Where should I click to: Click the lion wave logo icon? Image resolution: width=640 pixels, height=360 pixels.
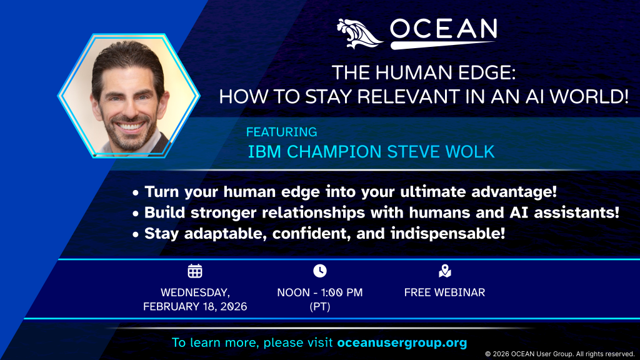[x=359, y=34]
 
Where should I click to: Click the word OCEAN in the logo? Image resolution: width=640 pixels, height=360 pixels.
[x=444, y=29]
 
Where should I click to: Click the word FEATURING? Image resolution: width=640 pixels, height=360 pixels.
[x=282, y=132]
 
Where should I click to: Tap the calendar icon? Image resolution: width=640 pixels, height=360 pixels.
[x=195, y=271]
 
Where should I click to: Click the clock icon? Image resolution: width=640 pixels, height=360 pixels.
[x=320, y=271]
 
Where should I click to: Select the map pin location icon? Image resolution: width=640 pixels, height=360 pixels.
[x=445, y=271]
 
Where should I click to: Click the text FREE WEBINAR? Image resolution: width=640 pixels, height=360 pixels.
[x=444, y=292]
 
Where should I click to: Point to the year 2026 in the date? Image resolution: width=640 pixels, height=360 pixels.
[x=233, y=306]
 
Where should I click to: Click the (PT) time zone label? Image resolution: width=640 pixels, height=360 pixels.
[x=320, y=306]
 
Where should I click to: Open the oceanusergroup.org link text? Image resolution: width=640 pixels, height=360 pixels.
[x=402, y=342]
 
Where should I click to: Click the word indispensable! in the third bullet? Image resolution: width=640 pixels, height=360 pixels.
[x=447, y=234]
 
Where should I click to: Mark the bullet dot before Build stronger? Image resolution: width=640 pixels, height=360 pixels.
[x=136, y=214]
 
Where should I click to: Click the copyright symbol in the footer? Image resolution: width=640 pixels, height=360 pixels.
[x=487, y=354]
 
